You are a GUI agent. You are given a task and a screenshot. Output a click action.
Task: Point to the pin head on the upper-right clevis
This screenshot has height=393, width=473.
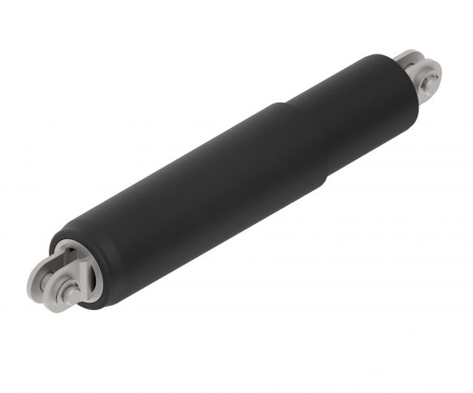[x=431, y=78]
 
